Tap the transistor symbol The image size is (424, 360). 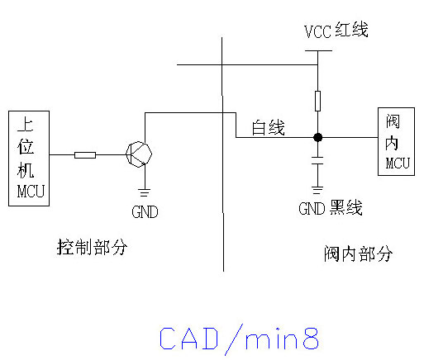pos(139,154)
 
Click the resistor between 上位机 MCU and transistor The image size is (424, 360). pos(85,155)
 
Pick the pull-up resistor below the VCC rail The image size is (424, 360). pos(317,101)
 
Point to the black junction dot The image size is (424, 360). pos(318,137)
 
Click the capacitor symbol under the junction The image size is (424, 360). pos(317,160)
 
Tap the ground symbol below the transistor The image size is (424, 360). pos(145,192)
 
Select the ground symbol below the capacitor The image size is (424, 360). pos(317,190)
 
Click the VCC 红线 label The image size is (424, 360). pos(336,31)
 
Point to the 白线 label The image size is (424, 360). pos(268,127)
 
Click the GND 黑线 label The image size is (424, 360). pos(331,208)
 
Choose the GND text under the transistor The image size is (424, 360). pos(145,212)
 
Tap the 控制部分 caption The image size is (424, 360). pos(92,247)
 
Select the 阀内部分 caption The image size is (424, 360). pos(358,253)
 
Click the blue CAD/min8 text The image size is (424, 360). pos(239,339)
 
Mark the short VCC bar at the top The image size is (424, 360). pos(318,50)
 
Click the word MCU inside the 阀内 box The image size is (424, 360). pos(398,163)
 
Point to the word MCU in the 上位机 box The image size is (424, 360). pos(31,192)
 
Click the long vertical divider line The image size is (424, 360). pos(222,154)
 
